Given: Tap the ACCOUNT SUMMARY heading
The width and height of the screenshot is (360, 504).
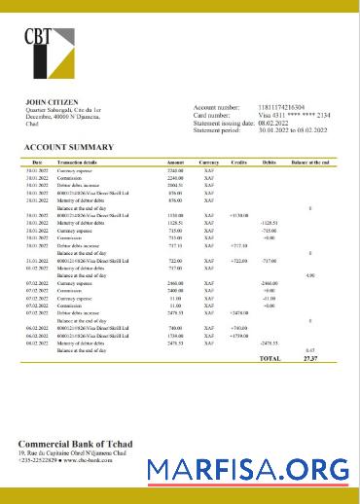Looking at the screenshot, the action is [x=68, y=147].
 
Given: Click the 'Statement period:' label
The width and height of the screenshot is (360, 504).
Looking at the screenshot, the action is [x=222, y=130].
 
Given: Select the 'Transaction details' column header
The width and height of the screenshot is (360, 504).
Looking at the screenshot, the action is [x=78, y=162].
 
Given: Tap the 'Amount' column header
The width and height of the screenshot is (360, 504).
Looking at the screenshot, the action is [x=175, y=162].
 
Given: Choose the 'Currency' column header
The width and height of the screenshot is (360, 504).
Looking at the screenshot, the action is [x=208, y=162].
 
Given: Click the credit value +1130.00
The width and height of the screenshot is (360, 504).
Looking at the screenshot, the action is [x=237, y=214].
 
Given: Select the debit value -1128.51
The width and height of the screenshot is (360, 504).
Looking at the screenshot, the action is [x=269, y=222].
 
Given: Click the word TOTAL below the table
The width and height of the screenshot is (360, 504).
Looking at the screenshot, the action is [x=269, y=359].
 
